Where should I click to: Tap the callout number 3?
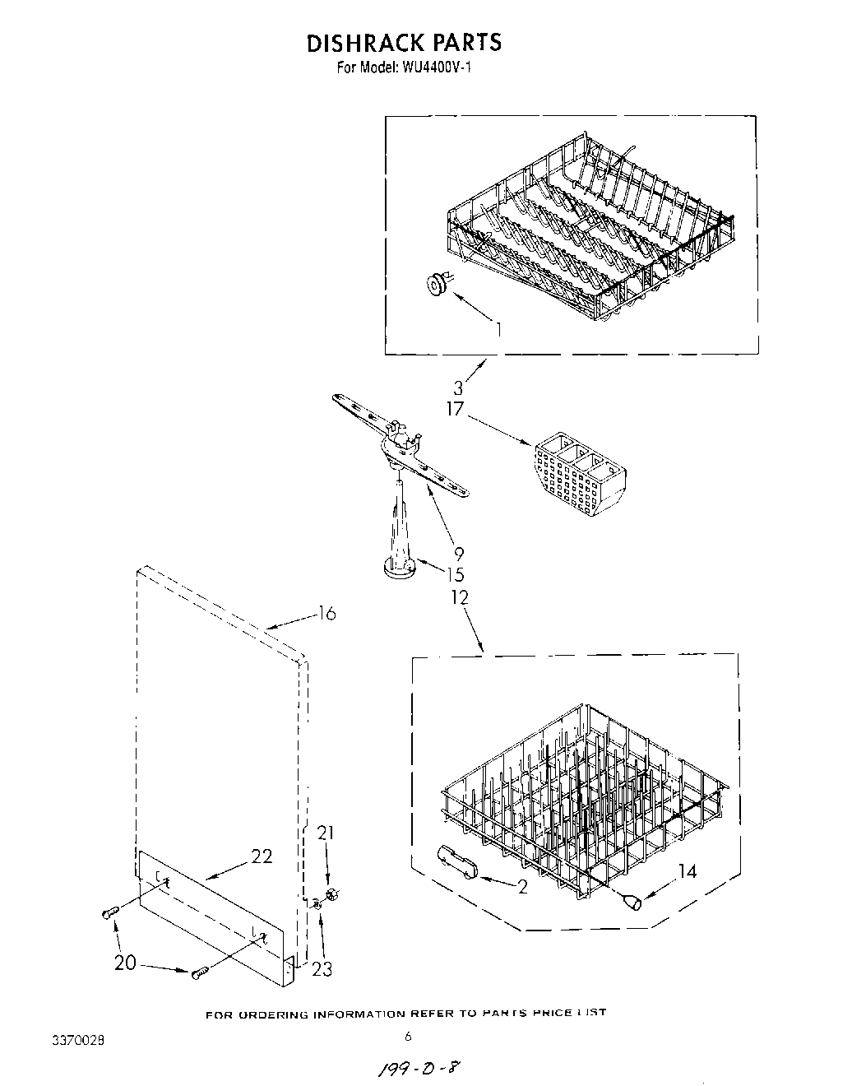[457, 388]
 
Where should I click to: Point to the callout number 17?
[456, 409]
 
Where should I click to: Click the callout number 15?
[455, 575]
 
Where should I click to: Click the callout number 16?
[326, 614]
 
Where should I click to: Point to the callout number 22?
[262, 856]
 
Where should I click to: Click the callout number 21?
[326, 833]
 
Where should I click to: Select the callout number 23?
[322, 969]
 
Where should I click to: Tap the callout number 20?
[126, 962]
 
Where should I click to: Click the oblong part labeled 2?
[458, 865]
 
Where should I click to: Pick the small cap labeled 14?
[634, 904]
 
